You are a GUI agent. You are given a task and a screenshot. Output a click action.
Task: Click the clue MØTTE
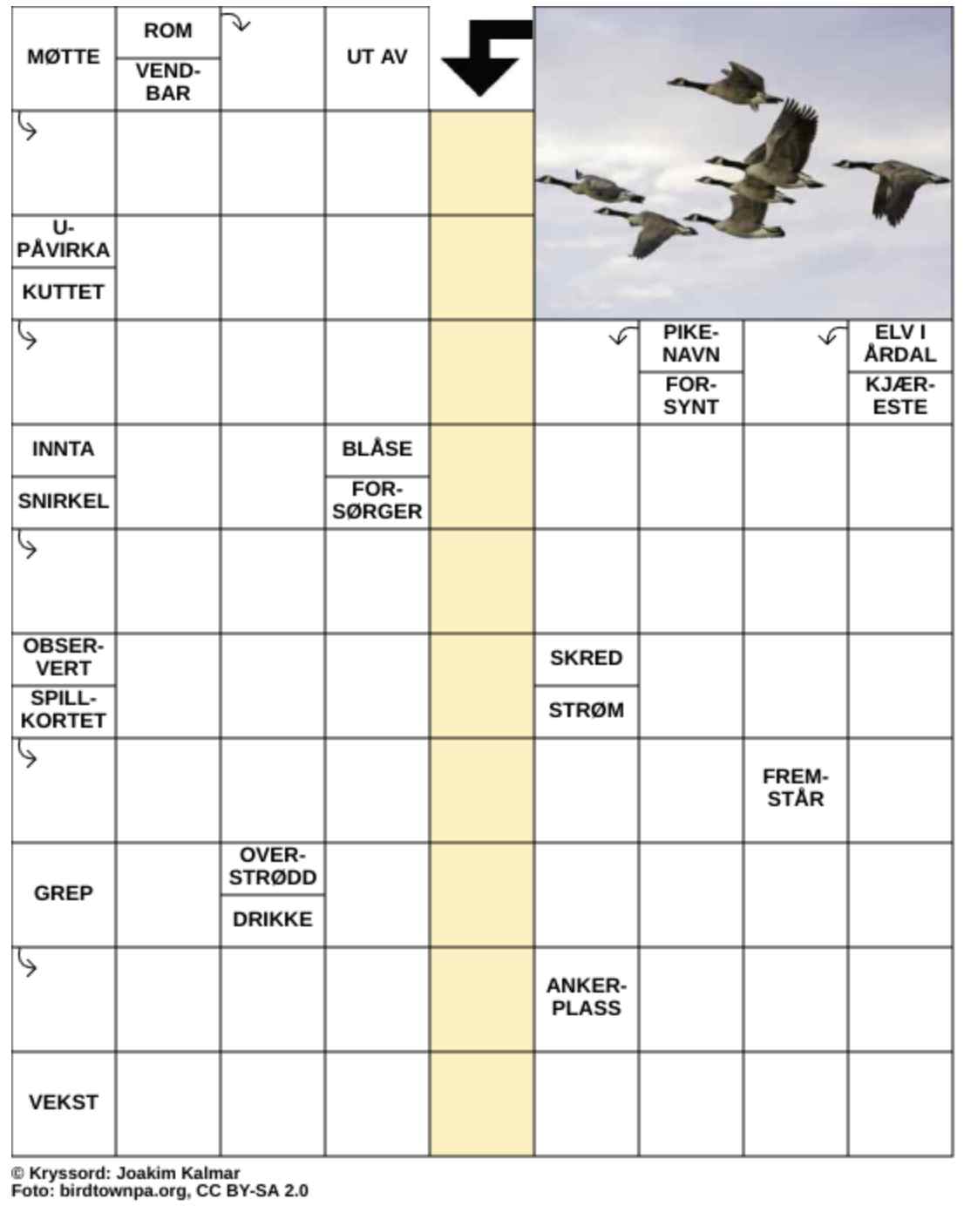click(64, 58)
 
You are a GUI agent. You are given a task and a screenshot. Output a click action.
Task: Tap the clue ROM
click(167, 31)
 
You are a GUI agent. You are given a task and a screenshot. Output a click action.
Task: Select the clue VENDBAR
click(167, 83)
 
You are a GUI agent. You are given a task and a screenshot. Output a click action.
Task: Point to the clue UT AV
click(377, 58)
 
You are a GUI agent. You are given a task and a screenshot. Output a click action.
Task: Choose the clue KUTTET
click(64, 293)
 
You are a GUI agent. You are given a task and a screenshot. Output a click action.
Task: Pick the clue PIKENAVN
click(690, 344)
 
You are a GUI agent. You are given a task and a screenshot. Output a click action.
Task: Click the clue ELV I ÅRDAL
click(900, 344)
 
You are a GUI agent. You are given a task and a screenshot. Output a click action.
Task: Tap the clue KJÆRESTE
click(900, 396)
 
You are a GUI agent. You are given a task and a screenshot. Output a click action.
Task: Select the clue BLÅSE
click(377, 450)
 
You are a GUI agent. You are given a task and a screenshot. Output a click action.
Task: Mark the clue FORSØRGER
click(377, 501)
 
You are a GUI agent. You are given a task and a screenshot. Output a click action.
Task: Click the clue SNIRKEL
click(64, 502)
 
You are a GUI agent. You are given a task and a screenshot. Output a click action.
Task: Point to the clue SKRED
click(586, 658)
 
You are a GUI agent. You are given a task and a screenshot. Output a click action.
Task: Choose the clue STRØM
click(586, 710)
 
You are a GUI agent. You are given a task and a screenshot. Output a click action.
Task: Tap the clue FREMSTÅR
click(795, 788)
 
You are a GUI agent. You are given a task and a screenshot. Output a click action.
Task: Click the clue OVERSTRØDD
click(272, 867)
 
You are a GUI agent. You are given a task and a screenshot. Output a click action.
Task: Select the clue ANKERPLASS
click(586, 997)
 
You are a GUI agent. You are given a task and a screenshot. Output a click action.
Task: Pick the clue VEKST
click(64, 1102)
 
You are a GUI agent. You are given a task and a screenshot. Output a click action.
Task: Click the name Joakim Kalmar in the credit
click(178, 1173)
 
